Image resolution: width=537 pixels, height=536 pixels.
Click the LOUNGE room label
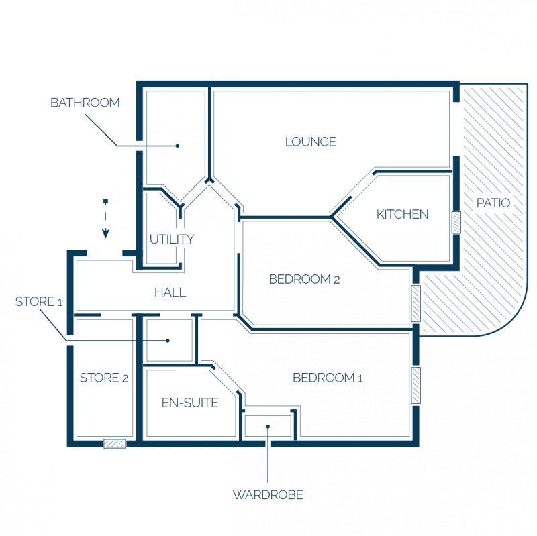(311, 142)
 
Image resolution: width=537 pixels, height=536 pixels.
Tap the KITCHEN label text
(402, 214)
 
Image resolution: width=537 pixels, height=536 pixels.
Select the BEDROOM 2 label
(305, 279)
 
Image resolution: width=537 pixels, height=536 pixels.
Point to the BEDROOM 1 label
(328, 378)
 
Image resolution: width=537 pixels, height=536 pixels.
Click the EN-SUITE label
(190, 403)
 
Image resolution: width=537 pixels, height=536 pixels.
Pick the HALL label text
(170, 292)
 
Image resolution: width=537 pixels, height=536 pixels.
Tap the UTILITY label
(172, 239)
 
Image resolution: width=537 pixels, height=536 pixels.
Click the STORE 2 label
(104, 378)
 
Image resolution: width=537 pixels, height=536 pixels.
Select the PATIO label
(493, 203)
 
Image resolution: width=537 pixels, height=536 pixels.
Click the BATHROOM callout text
(85, 103)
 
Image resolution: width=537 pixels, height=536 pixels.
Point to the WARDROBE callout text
(268, 495)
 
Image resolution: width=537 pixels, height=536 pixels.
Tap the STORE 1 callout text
(39, 302)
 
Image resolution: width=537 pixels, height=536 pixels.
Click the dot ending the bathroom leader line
(177, 146)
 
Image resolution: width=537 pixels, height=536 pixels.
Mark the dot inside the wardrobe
(268, 427)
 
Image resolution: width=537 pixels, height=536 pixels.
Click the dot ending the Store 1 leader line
(168, 341)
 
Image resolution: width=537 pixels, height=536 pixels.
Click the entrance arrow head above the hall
(106, 234)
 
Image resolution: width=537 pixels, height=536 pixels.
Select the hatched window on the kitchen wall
(456, 223)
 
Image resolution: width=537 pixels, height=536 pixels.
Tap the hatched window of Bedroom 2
(416, 304)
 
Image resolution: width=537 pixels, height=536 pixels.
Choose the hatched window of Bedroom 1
(416, 386)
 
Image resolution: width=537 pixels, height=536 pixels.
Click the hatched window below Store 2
(114, 444)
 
